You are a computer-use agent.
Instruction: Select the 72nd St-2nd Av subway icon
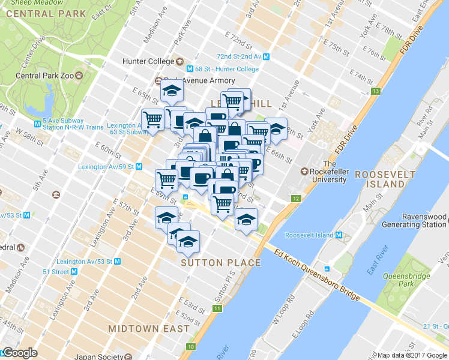pos(266,56)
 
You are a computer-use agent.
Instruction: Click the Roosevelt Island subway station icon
pos(339,235)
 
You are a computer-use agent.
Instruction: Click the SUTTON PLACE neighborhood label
pos(221,263)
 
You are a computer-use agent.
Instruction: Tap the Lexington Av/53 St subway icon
pos(118,262)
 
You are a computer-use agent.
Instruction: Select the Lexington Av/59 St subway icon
pos(139,167)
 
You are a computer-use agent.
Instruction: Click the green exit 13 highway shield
pos(376,91)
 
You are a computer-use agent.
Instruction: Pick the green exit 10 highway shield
pos(191,347)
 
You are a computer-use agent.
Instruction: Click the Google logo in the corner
pos(19,353)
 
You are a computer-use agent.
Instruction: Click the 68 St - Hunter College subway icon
pos(190,69)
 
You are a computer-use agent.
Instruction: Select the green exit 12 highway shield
pos(295,198)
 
